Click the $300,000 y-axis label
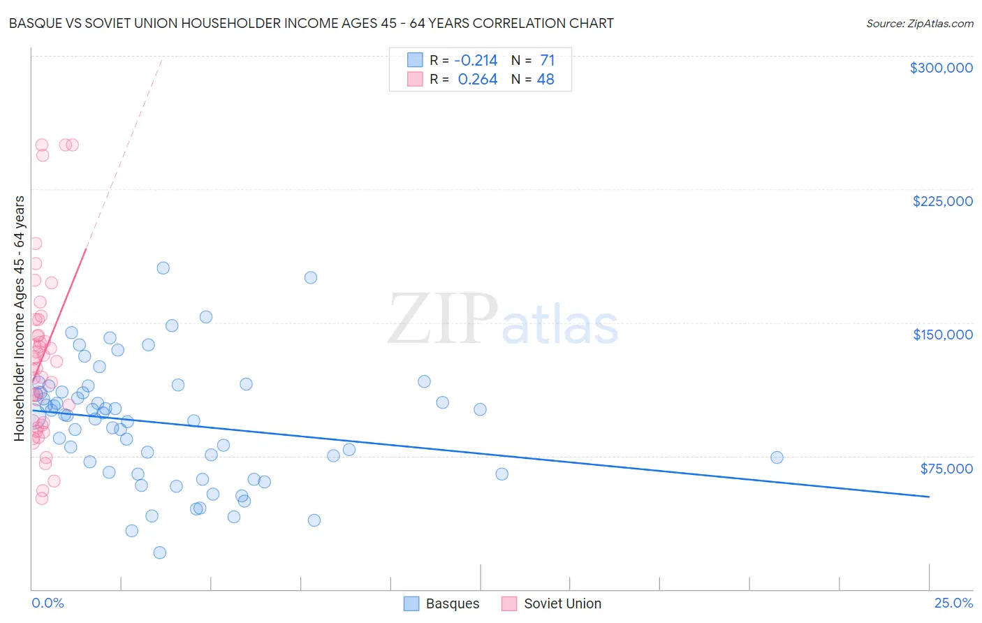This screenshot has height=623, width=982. (x=941, y=68)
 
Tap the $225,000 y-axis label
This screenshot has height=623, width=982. (x=942, y=201)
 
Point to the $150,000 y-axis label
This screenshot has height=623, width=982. (x=942, y=335)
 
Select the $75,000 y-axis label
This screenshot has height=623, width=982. (x=946, y=468)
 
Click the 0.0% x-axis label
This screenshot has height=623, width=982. (x=47, y=603)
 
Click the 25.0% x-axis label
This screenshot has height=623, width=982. (x=953, y=603)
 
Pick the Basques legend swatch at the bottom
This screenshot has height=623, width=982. (x=411, y=603)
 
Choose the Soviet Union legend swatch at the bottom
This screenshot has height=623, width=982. (x=509, y=603)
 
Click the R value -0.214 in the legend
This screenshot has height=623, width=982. (x=476, y=61)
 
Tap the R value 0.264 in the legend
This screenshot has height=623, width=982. (x=478, y=80)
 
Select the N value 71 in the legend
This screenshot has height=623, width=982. (x=547, y=61)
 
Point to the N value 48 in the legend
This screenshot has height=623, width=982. (x=545, y=80)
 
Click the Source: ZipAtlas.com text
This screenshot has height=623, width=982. (x=919, y=23)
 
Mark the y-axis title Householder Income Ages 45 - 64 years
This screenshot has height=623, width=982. (x=19, y=318)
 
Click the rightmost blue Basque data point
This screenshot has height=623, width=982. (x=777, y=457)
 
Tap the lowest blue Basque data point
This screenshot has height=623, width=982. (x=159, y=552)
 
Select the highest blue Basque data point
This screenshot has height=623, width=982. (x=163, y=268)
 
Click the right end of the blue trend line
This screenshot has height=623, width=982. (x=929, y=497)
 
